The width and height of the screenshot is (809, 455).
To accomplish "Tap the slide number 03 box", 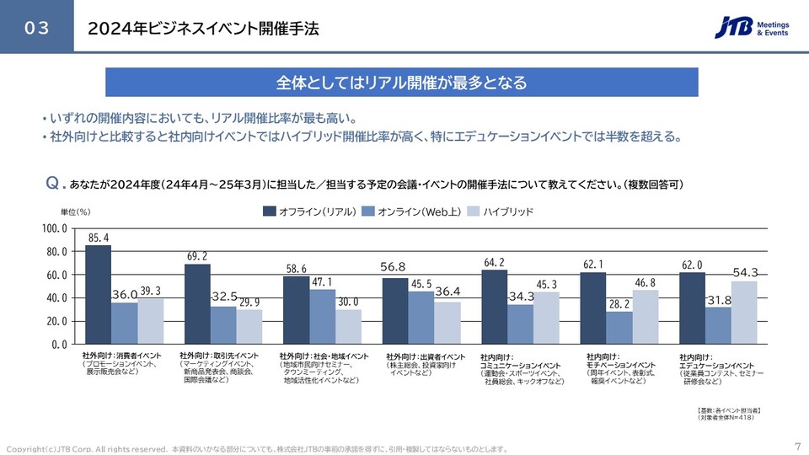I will pos(36,28).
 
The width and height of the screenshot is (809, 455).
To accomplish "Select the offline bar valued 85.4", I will pos(99,294).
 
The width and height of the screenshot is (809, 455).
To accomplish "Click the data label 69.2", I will pos(197,255).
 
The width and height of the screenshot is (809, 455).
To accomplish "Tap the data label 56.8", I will pos(394,267).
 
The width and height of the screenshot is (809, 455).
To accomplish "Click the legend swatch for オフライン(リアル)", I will pos(270,211).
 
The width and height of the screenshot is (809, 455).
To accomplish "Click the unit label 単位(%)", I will pos(75,211).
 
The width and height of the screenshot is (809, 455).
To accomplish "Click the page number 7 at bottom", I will pos(797,447).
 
